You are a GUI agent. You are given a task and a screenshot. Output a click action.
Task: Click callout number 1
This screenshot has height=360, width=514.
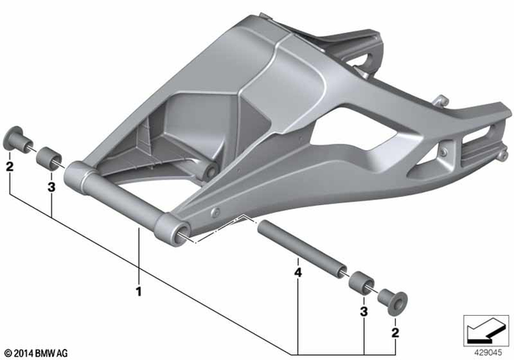(138, 289)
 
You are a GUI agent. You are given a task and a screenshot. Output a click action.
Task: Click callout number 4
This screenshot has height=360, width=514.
(298, 274)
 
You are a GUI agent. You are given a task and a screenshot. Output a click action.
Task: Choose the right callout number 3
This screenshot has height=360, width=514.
(365, 311)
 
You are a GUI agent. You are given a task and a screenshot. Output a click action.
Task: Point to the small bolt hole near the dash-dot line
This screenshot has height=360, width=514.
(216, 211)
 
